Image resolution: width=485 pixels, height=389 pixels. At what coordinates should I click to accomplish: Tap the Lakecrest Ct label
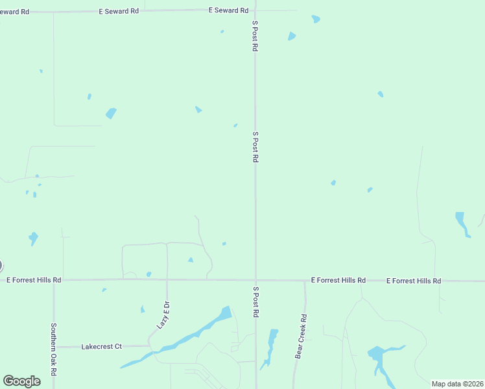(x=102, y=347)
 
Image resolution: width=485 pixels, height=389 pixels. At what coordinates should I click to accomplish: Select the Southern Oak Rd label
(x=54, y=350)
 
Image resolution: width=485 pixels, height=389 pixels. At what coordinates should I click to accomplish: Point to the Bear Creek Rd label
(x=301, y=336)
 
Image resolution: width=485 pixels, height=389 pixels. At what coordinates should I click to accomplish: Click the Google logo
(x=21, y=381)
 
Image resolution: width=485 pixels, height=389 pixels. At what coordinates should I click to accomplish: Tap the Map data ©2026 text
(x=456, y=383)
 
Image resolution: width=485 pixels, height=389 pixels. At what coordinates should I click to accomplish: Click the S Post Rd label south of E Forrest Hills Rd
(x=255, y=302)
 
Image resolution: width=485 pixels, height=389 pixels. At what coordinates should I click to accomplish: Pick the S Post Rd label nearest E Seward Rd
(x=255, y=36)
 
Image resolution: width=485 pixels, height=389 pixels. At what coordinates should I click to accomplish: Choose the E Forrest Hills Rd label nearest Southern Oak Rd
(x=34, y=280)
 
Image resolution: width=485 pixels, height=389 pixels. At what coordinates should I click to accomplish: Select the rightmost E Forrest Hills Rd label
(x=414, y=281)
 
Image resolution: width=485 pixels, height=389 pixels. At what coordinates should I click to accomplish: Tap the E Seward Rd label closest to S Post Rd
(x=229, y=10)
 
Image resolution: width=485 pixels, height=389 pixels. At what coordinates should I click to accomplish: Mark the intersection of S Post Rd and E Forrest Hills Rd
(x=255, y=280)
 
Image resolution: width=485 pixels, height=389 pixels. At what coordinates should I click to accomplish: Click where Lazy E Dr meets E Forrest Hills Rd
(x=167, y=280)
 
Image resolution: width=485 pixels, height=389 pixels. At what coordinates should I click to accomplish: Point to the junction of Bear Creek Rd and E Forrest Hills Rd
(x=305, y=281)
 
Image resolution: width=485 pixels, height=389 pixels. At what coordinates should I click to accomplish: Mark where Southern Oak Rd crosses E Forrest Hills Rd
(x=54, y=280)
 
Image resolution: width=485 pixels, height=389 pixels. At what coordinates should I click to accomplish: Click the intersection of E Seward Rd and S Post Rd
(x=255, y=10)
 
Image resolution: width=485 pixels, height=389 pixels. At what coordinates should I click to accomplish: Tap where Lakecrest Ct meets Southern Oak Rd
(x=54, y=347)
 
